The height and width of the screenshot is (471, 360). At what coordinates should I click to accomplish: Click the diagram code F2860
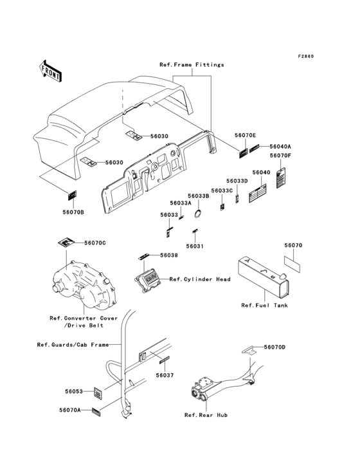click(x=306, y=56)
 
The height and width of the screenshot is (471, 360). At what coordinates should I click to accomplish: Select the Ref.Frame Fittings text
click(x=192, y=64)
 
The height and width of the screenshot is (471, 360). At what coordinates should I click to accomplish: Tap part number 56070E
click(x=245, y=136)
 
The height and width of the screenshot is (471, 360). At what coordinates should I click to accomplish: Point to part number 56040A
click(x=280, y=146)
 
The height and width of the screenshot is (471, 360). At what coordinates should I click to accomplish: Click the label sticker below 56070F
click(x=281, y=178)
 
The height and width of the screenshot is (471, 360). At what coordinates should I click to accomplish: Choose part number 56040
click(x=261, y=172)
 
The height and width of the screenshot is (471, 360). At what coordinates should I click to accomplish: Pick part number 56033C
click(x=222, y=190)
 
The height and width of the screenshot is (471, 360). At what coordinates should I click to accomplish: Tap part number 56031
click(x=195, y=246)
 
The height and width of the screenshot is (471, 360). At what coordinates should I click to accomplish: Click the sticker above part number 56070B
click(x=71, y=196)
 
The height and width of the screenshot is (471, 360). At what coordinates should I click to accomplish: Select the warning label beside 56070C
click(x=66, y=242)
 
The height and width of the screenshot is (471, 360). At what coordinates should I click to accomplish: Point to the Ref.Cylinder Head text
click(x=200, y=279)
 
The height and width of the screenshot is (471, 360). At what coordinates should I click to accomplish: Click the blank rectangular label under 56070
click(x=292, y=264)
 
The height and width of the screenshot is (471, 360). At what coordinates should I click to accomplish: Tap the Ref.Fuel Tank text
click(x=264, y=306)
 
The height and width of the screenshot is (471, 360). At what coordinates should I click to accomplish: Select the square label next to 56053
click(x=98, y=393)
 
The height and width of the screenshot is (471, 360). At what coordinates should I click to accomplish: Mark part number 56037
click(x=165, y=375)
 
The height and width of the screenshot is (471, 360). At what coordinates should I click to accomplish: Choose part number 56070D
click(x=274, y=347)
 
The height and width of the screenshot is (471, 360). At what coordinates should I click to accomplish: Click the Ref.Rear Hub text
click(x=206, y=415)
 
